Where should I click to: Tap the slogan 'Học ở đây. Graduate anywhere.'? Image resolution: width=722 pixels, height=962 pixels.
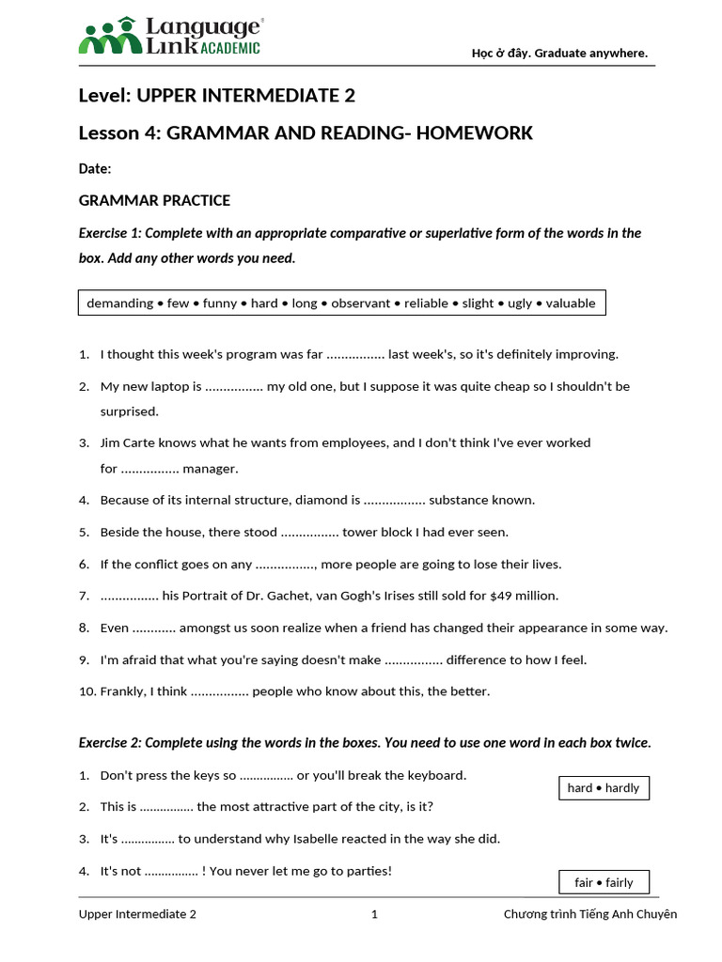(559, 53)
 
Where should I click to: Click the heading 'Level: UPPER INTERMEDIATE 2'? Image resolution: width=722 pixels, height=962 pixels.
(217, 96)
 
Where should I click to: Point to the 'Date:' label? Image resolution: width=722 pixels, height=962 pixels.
(95, 169)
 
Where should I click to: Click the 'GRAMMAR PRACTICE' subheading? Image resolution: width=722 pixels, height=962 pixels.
(154, 201)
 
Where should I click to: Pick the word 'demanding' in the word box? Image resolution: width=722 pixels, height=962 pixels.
(119, 303)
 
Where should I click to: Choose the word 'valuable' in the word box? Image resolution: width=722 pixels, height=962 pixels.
(571, 303)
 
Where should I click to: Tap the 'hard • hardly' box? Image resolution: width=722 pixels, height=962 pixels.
(604, 788)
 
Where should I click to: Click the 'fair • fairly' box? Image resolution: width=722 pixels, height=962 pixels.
(604, 883)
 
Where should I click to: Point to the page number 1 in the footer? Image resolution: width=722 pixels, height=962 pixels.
(374, 914)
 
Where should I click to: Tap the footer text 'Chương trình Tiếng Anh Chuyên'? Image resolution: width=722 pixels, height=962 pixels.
(589, 914)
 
